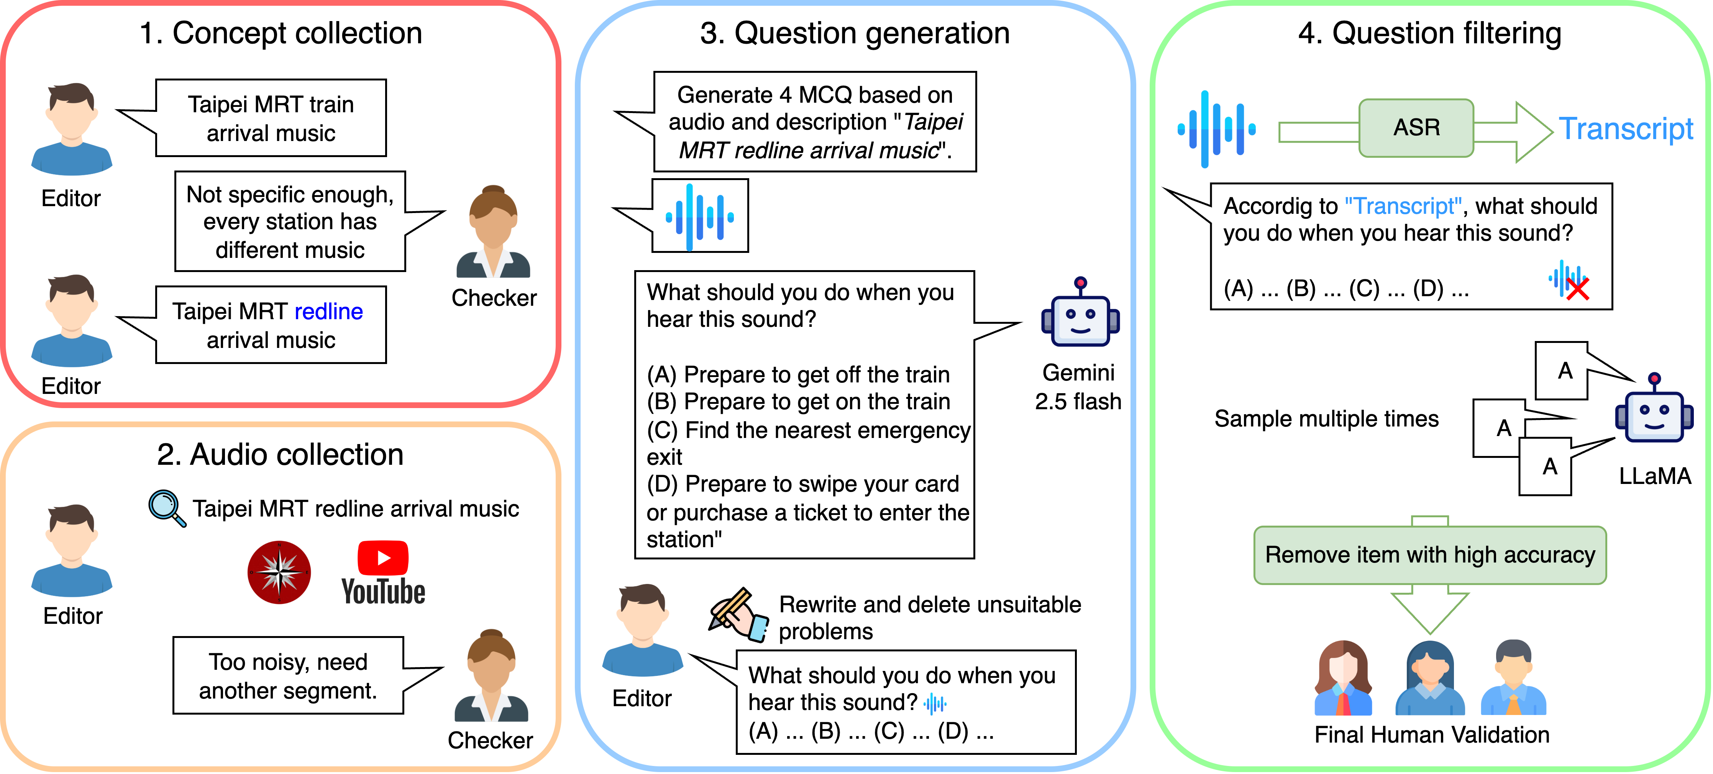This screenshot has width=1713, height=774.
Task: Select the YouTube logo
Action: pyautogui.click(x=383, y=573)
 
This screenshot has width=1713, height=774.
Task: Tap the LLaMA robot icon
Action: pyautogui.click(x=1654, y=412)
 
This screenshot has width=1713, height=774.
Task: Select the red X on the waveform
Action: pyautogui.click(x=1577, y=289)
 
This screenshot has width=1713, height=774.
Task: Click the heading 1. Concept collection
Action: pyautogui.click(x=281, y=33)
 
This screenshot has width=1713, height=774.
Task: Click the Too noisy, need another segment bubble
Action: pyautogui.click(x=288, y=676)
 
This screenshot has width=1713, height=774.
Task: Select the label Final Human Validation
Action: pyautogui.click(x=1432, y=735)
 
